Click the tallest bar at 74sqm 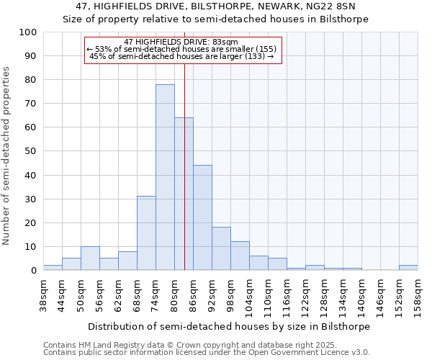pyautogui.click(x=165, y=177)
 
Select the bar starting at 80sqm pyautogui.click(x=184, y=194)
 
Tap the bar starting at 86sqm pyautogui.click(x=202, y=217)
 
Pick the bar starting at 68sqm pyautogui.click(x=146, y=233)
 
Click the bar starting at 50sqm pyautogui.click(x=90, y=258)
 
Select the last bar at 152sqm pyautogui.click(x=408, y=267)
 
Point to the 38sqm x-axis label pyautogui.click(x=43, y=296)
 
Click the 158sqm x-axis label pyautogui.click(x=418, y=296)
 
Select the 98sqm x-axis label pyautogui.click(x=230, y=296)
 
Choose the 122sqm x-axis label pyautogui.click(x=305, y=296)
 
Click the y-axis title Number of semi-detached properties pyautogui.click(x=7, y=156)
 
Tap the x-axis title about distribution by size pyautogui.click(x=230, y=326)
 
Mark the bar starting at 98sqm pyautogui.click(x=240, y=256)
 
